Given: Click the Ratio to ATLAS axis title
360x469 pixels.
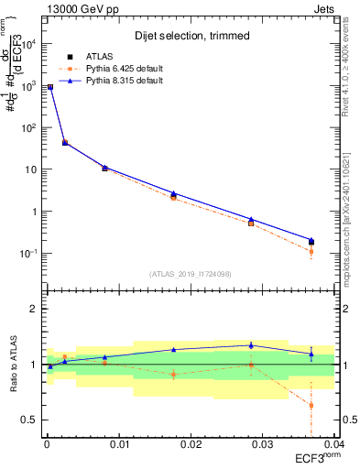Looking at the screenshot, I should [x=12, y=365].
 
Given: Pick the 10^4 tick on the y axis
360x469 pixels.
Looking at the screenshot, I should [x=27, y=43].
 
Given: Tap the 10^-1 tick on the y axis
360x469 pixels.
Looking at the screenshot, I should [x=27, y=254].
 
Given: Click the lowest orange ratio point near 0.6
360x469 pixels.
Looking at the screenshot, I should [x=311, y=405].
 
